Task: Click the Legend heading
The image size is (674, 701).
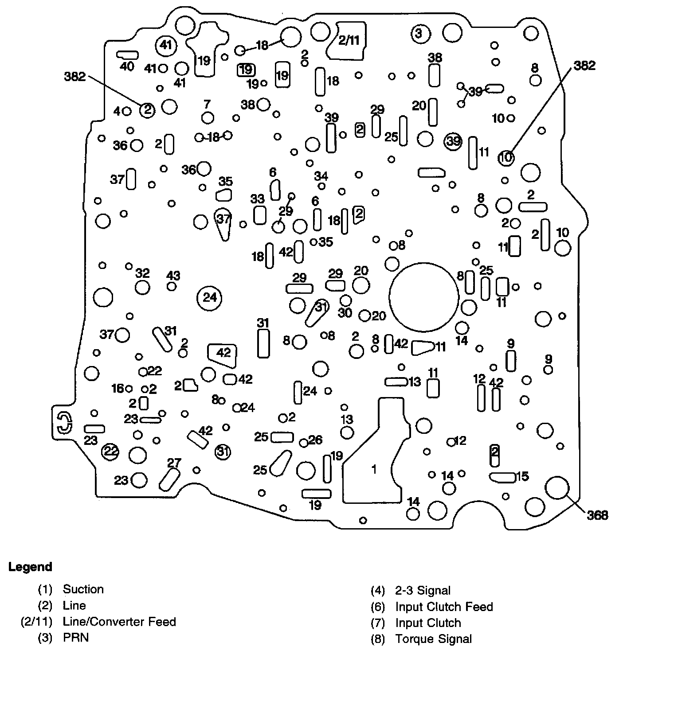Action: tap(30, 567)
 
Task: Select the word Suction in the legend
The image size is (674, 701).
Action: tap(83, 589)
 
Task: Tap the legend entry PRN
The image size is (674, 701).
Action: tap(75, 638)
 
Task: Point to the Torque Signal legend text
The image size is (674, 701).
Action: tap(433, 639)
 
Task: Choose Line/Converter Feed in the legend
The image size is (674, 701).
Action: tap(119, 622)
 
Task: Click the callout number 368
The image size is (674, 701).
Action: tap(597, 515)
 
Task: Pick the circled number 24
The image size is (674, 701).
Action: tap(210, 297)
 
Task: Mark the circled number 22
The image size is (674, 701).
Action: tap(110, 452)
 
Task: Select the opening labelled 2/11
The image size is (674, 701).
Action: tap(349, 41)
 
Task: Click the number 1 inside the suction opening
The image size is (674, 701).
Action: tap(374, 469)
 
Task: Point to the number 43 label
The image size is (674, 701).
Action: tap(173, 276)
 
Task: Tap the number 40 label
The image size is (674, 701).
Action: tap(127, 66)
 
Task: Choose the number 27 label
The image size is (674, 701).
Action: tap(174, 463)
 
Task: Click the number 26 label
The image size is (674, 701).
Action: tap(315, 440)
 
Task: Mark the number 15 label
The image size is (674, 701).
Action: tap(522, 476)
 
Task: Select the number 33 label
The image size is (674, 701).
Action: tap(257, 199)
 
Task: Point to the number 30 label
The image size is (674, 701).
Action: tap(345, 313)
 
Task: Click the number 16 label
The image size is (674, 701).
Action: tap(118, 389)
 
